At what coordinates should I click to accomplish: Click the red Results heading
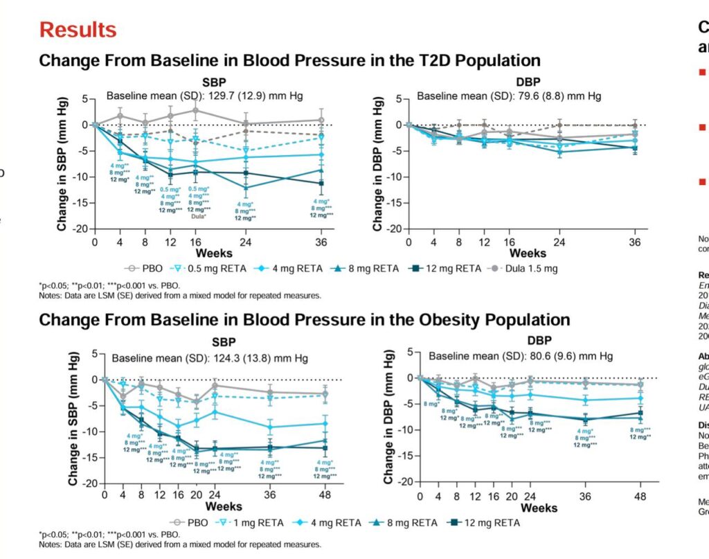point(78,30)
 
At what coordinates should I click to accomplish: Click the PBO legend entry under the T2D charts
point(148,268)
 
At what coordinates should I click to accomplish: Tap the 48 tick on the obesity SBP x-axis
point(325,495)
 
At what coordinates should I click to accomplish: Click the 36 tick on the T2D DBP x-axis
point(634,242)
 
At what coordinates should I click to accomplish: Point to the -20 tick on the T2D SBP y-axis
point(80,229)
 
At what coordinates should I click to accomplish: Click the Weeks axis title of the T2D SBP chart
point(195,254)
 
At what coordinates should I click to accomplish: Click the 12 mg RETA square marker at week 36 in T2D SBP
point(321,183)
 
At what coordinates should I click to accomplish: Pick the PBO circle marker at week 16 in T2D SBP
point(195,110)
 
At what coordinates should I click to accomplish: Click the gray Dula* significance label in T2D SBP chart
point(196,215)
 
